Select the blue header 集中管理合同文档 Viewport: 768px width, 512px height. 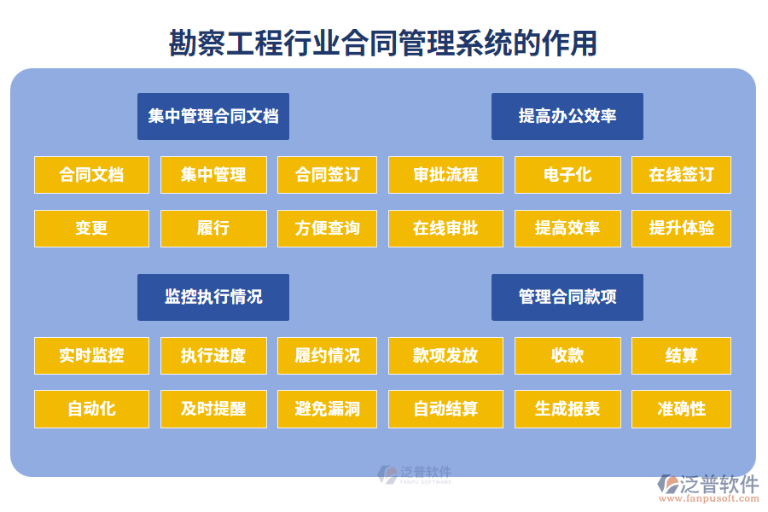tap(213, 116)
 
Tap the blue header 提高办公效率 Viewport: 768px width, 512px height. tap(567, 116)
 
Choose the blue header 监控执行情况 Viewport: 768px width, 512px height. tap(213, 297)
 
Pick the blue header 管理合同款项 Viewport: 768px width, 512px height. tap(567, 297)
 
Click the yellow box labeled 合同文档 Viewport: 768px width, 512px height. tap(91, 175)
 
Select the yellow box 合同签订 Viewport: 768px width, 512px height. tap(327, 175)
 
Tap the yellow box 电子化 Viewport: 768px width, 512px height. tap(567, 175)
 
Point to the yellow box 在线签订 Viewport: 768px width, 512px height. tap(681, 175)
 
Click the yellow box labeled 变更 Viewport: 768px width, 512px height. tap(91, 229)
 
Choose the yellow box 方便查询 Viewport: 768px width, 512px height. tap(327, 229)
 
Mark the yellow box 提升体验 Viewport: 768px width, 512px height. tap(681, 229)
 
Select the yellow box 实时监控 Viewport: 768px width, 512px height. tap(91, 356)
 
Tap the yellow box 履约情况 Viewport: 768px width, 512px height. tap(327, 356)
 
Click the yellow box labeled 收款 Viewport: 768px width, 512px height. tap(567, 356)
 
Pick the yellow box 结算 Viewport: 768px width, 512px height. tap(681, 356)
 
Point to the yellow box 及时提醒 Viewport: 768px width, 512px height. tap(213, 409)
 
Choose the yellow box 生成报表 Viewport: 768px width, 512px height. tap(567, 409)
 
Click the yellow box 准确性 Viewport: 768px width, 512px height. tap(681, 409)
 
